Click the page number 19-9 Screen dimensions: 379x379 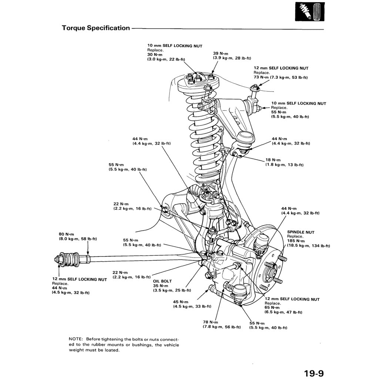click(314, 373)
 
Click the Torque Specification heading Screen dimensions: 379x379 click(96, 28)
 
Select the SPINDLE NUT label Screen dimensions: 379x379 click(301, 232)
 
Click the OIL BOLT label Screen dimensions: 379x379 click(162, 281)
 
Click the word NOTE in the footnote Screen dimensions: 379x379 click(76, 339)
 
